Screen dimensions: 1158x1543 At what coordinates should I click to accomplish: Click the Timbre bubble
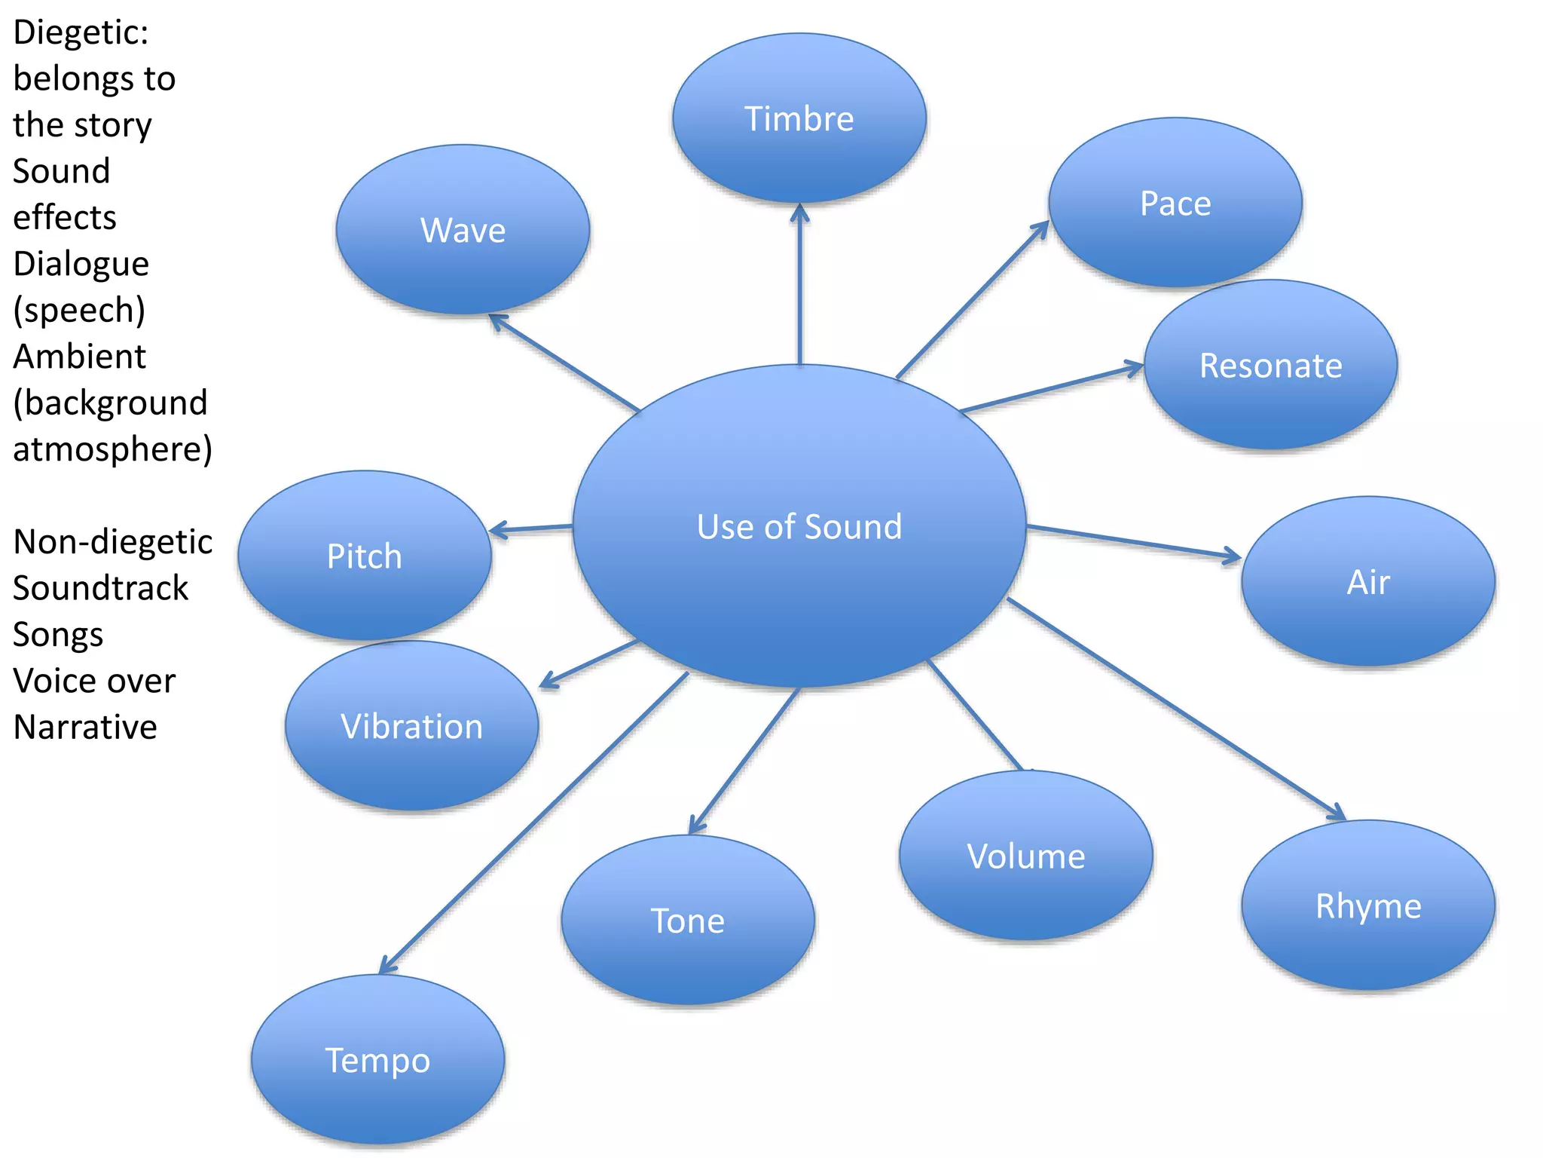coord(799,118)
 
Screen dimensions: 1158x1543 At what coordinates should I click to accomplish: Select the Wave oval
coord(463,230)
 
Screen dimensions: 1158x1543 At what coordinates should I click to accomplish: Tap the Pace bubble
coord(1175,203)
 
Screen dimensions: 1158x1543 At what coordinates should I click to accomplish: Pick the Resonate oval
coord(1270,366)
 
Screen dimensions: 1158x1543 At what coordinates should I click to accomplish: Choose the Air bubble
coord(1368,581)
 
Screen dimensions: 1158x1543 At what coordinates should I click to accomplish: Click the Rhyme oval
coord(1368,905)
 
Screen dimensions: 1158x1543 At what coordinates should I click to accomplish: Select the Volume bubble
coord(1026,856)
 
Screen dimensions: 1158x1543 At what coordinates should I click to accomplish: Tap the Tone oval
coord(687,921)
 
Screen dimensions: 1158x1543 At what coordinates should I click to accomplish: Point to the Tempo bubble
coord(377,1060)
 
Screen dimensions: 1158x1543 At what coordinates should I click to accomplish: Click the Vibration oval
coord(411,726)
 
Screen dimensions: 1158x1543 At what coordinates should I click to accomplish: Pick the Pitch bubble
coord(365,556)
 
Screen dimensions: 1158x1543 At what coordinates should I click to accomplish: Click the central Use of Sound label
coord(799,526)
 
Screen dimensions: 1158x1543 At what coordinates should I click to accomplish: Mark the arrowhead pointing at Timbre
coord(800,212)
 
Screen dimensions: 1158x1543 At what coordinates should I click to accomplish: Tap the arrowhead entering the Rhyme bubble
coord(1337,814)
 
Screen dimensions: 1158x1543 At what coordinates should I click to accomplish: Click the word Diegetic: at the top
coord(81,32)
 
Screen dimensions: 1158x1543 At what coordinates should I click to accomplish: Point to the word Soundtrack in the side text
coord(101,588)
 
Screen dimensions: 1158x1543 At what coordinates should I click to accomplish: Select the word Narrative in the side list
coord(85,728)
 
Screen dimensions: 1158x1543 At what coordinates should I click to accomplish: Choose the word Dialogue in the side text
coord(81,264)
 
